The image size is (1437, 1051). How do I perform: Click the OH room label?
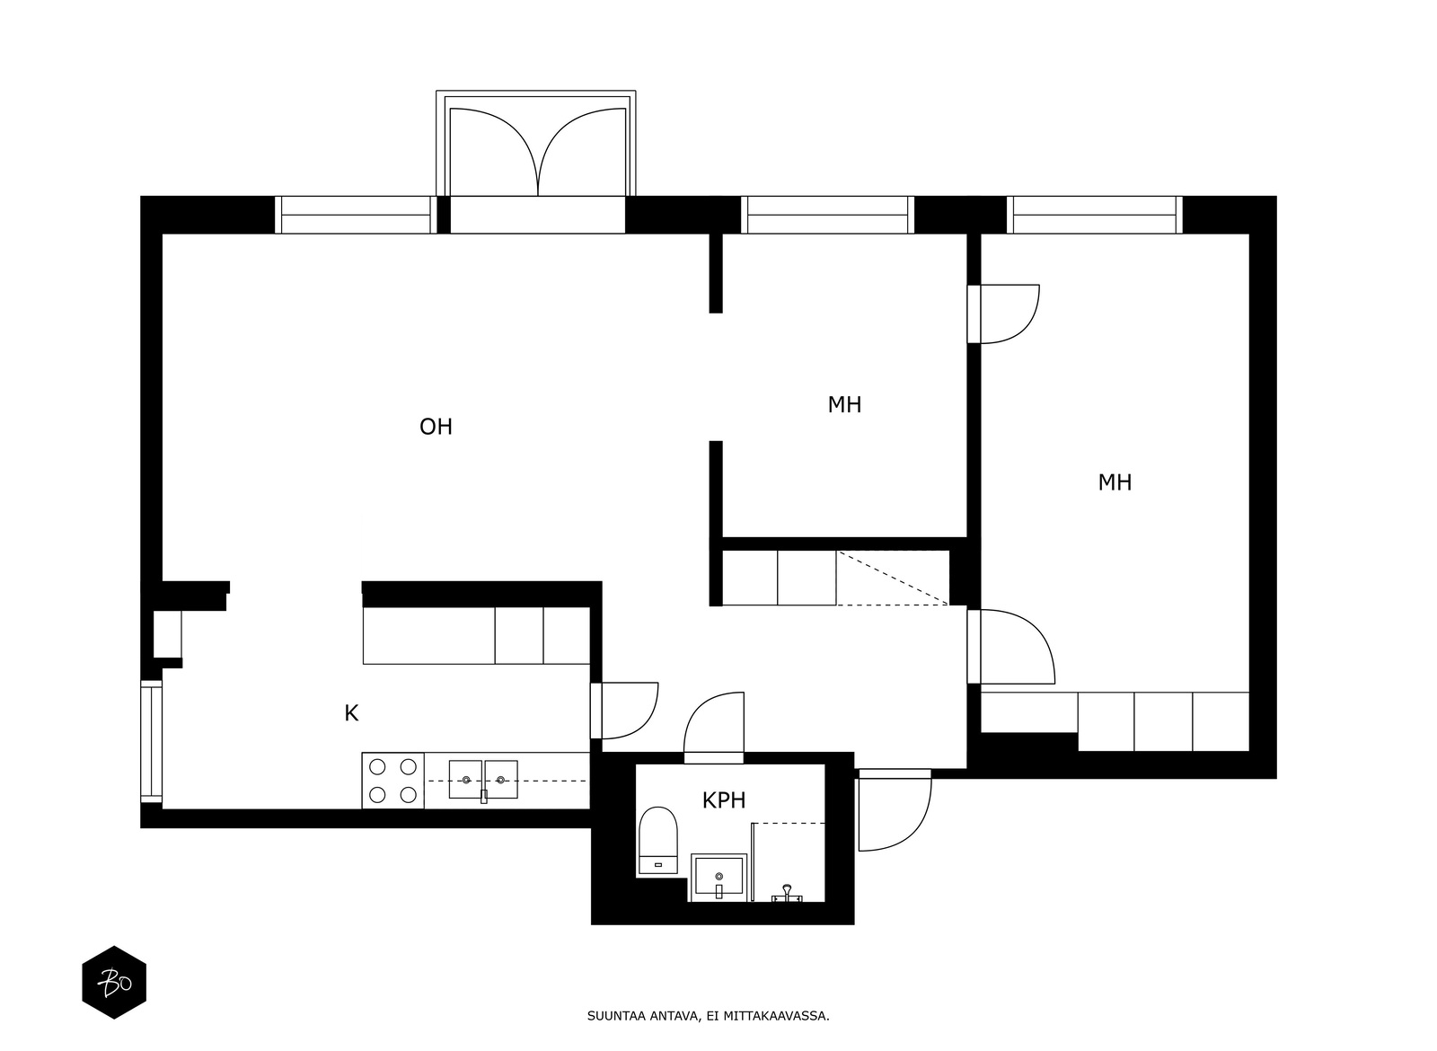point(436,427)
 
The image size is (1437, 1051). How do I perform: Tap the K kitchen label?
point(351,713)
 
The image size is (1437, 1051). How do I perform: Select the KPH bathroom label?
point(723,800)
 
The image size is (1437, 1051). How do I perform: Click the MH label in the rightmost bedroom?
point(1114,482)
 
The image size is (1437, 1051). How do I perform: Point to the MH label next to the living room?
point(843,405)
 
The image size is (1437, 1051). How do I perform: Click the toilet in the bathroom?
point(657,840)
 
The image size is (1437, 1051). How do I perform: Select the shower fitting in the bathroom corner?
point(787,892)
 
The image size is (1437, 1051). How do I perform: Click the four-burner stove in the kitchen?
point(392,781)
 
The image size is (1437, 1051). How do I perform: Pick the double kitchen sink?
point(483,780)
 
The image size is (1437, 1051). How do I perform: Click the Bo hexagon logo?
point(114,983)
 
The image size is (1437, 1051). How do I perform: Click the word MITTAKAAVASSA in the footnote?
point(780,1017)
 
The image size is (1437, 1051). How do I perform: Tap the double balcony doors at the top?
point(537,151)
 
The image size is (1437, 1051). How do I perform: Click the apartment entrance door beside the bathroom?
point(893,811)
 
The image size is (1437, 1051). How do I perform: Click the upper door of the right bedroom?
point(1008,314)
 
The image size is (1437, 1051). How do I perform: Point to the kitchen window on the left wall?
point(152,742)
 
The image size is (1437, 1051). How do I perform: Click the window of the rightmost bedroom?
point(1094,216)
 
